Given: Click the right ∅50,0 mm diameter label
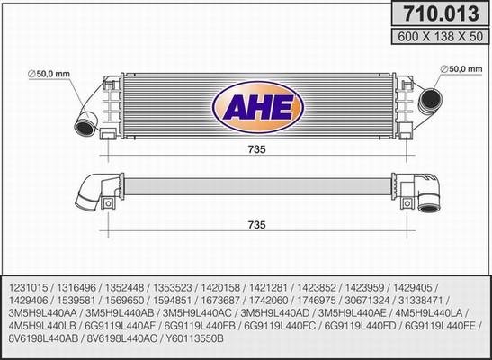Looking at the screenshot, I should click(x=462, y=68).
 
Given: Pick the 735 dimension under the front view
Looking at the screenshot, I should click(x=255, y=150).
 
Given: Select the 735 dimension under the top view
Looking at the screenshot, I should click(x=255, y=224).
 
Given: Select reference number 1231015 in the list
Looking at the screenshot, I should click(x=31, y=280).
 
